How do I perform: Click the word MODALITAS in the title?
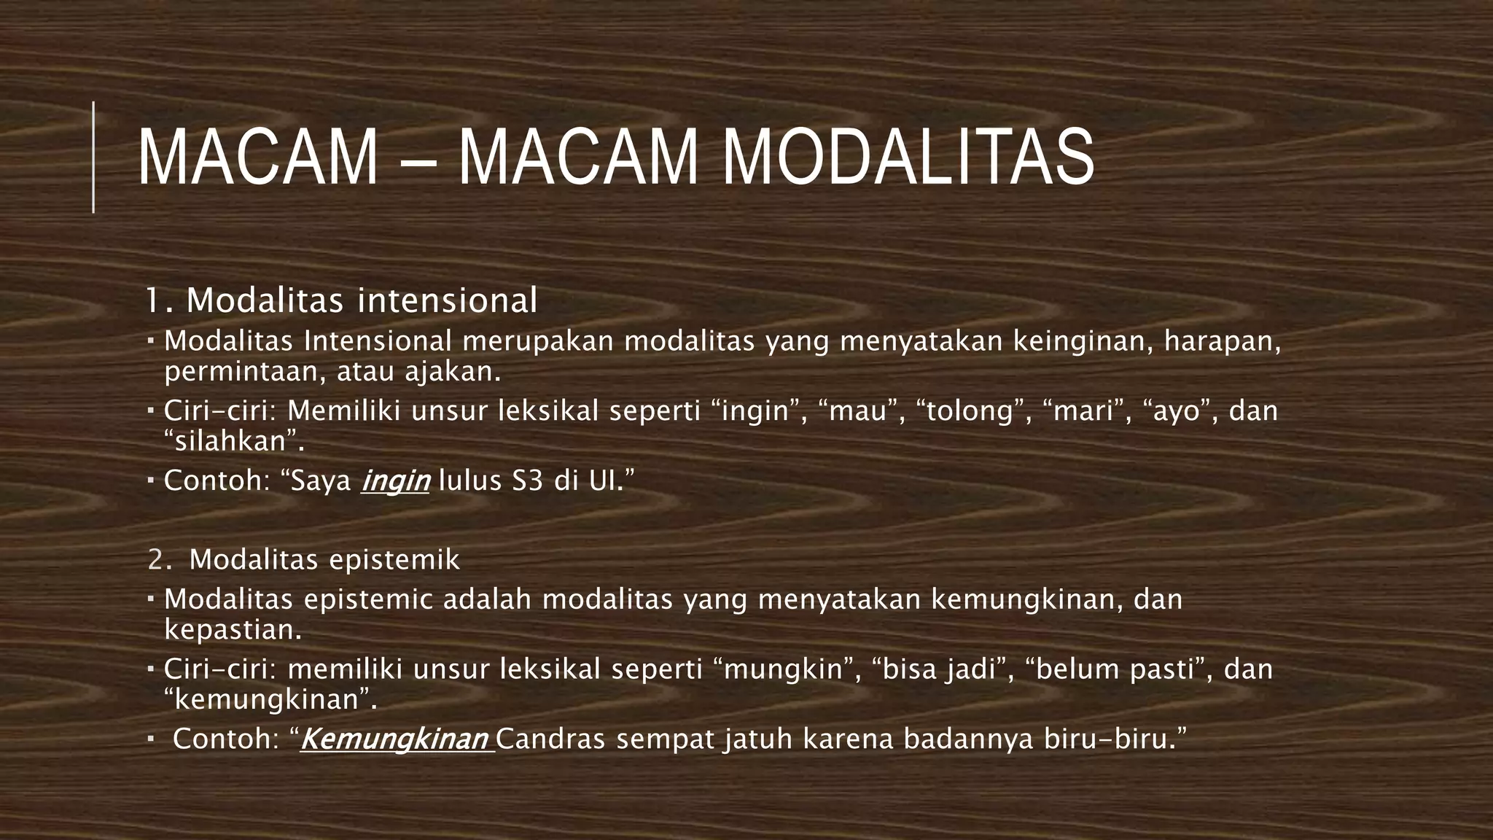coord(908,158)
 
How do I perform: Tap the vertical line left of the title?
coord(93,157)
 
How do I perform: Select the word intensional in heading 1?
coord(447,300)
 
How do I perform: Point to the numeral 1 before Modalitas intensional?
coord(152,300)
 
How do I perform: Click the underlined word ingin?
coord(396,481)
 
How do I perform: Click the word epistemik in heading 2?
coord(394,560)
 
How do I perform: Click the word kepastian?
coord(233,630)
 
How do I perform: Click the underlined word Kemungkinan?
coord(394,739)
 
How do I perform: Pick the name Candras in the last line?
coord(550,739)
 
